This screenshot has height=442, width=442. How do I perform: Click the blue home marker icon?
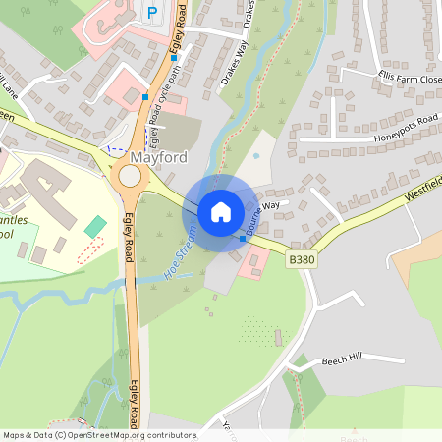click(220, 211)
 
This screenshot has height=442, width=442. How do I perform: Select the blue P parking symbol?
click(151, 12)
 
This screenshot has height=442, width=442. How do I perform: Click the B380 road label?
click(303, 259)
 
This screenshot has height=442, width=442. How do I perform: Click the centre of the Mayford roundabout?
click(130, 177)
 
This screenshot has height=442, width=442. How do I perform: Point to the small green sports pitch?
click(94, 227)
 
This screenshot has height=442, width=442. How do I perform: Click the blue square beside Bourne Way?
click(243, 239)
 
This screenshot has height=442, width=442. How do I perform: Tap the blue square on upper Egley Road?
click(145, 97)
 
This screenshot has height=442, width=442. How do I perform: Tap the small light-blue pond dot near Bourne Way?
click(255, 154)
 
